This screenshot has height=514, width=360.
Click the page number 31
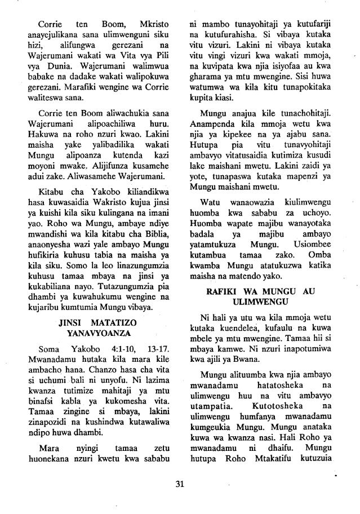point(180,484)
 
